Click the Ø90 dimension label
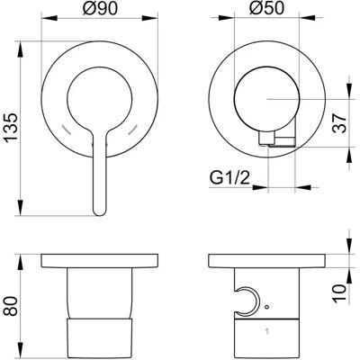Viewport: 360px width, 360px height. pyautogui.click(x=100, y=8)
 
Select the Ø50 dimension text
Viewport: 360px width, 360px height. pyautogui.click(x=266, y=8)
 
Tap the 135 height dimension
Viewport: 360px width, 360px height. pyautogui.click(x=11, y=127)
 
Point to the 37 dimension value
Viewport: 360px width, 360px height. pyautogui.click(x=339, y=123)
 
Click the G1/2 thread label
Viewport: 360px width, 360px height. pyautogui.click(x=229, y=179)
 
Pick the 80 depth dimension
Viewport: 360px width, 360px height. pyautogui.click(x=11, y=306)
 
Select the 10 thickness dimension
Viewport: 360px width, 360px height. pyautogui.click(x=339, y=293)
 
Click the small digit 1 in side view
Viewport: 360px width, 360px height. pyautogui.click(x=266, y=331)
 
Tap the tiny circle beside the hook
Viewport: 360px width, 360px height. pyautogui.click(x=267, y=307)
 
